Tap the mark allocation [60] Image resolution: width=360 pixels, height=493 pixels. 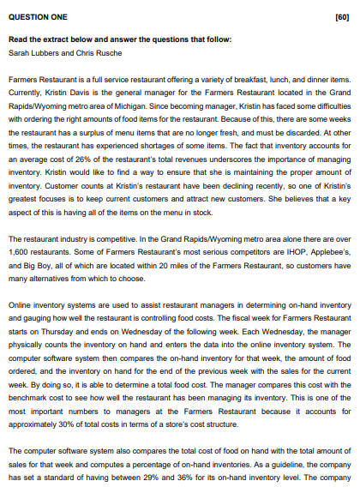342,15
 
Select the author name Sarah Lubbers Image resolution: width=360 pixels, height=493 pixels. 32,52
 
